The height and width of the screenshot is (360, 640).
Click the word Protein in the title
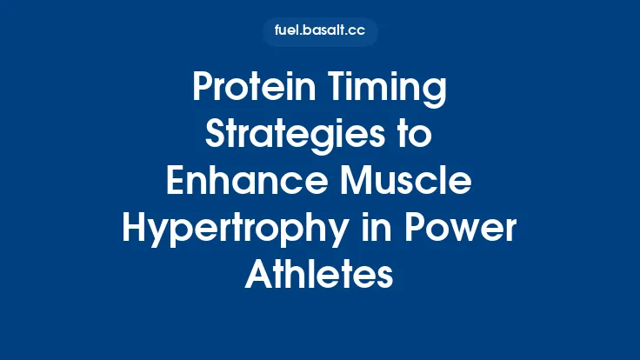pos(248,90)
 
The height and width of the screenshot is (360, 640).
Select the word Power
pos(460,229)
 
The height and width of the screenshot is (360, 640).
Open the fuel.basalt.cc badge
pos(320,32)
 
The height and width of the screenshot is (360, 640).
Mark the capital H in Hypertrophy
pos(135,229)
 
